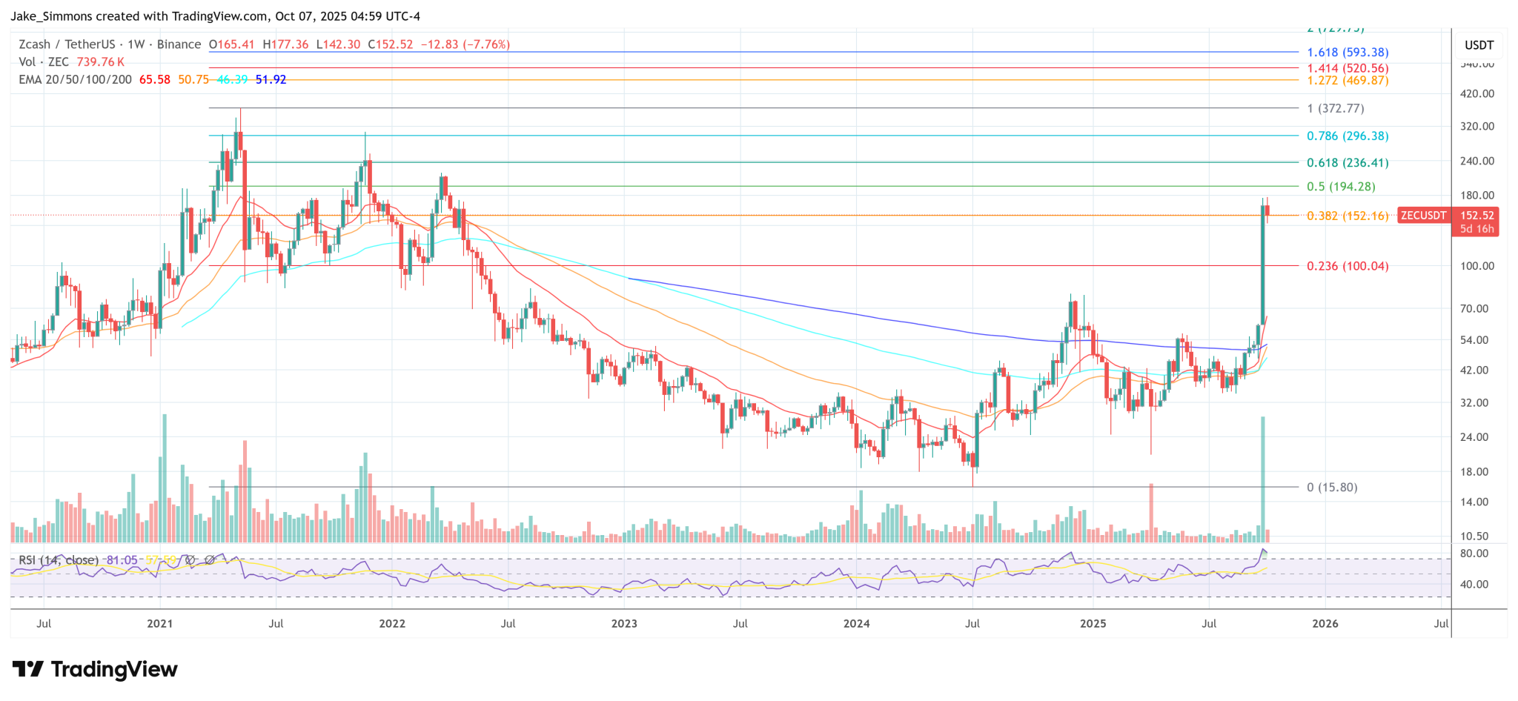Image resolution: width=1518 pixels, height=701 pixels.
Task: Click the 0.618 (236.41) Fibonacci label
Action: (1348, 163)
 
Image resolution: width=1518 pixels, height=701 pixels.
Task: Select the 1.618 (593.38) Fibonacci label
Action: (1348, 53)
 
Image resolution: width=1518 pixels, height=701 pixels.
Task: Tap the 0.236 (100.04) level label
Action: (1348, 266)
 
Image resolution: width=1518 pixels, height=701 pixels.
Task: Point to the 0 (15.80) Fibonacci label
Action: (1332, 488)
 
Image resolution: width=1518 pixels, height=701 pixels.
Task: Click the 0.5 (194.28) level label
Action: (1341, 187)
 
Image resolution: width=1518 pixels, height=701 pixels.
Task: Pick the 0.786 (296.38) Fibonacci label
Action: (1348, 136)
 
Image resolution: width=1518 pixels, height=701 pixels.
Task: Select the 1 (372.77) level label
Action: (1336, 109)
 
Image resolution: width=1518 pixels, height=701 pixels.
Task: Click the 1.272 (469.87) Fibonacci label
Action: (1348, 81)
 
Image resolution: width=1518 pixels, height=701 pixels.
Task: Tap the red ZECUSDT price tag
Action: (1423, 216)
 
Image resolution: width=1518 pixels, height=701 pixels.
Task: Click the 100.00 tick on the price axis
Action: (1477, 266)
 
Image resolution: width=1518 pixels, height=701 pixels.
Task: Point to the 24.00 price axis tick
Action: (1474, 437)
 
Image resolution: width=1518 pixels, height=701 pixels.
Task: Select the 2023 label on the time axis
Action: (624, 624)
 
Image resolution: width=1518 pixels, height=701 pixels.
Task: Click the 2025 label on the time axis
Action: (1093, 624)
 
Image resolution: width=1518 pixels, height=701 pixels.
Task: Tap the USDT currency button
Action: (1479, 45)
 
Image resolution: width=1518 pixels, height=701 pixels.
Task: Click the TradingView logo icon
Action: (28, 670)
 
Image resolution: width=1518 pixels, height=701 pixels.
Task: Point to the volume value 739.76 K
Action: (100, 62)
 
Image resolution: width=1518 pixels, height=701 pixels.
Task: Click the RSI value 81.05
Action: (122, 560)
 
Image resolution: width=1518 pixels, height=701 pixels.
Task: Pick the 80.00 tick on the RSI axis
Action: (1474, 554)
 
